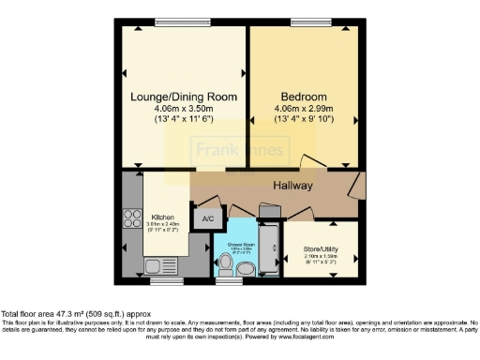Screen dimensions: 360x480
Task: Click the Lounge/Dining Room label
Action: pyautogui.click(x=184, y=97)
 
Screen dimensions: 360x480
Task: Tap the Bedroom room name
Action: pyautogui.click(x=303, y=97)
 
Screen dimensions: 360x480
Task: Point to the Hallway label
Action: pyautogui.click(x=292, y=186)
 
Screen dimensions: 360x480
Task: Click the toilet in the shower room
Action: pyautogui.click(x=245, y=269)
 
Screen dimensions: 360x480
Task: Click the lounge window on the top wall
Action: pyautogui.click(x=182, y=22)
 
